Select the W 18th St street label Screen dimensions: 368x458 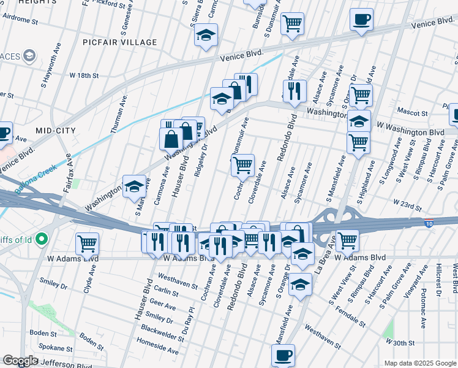click(84, 75)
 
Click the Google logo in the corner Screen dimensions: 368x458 click(21, 361)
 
